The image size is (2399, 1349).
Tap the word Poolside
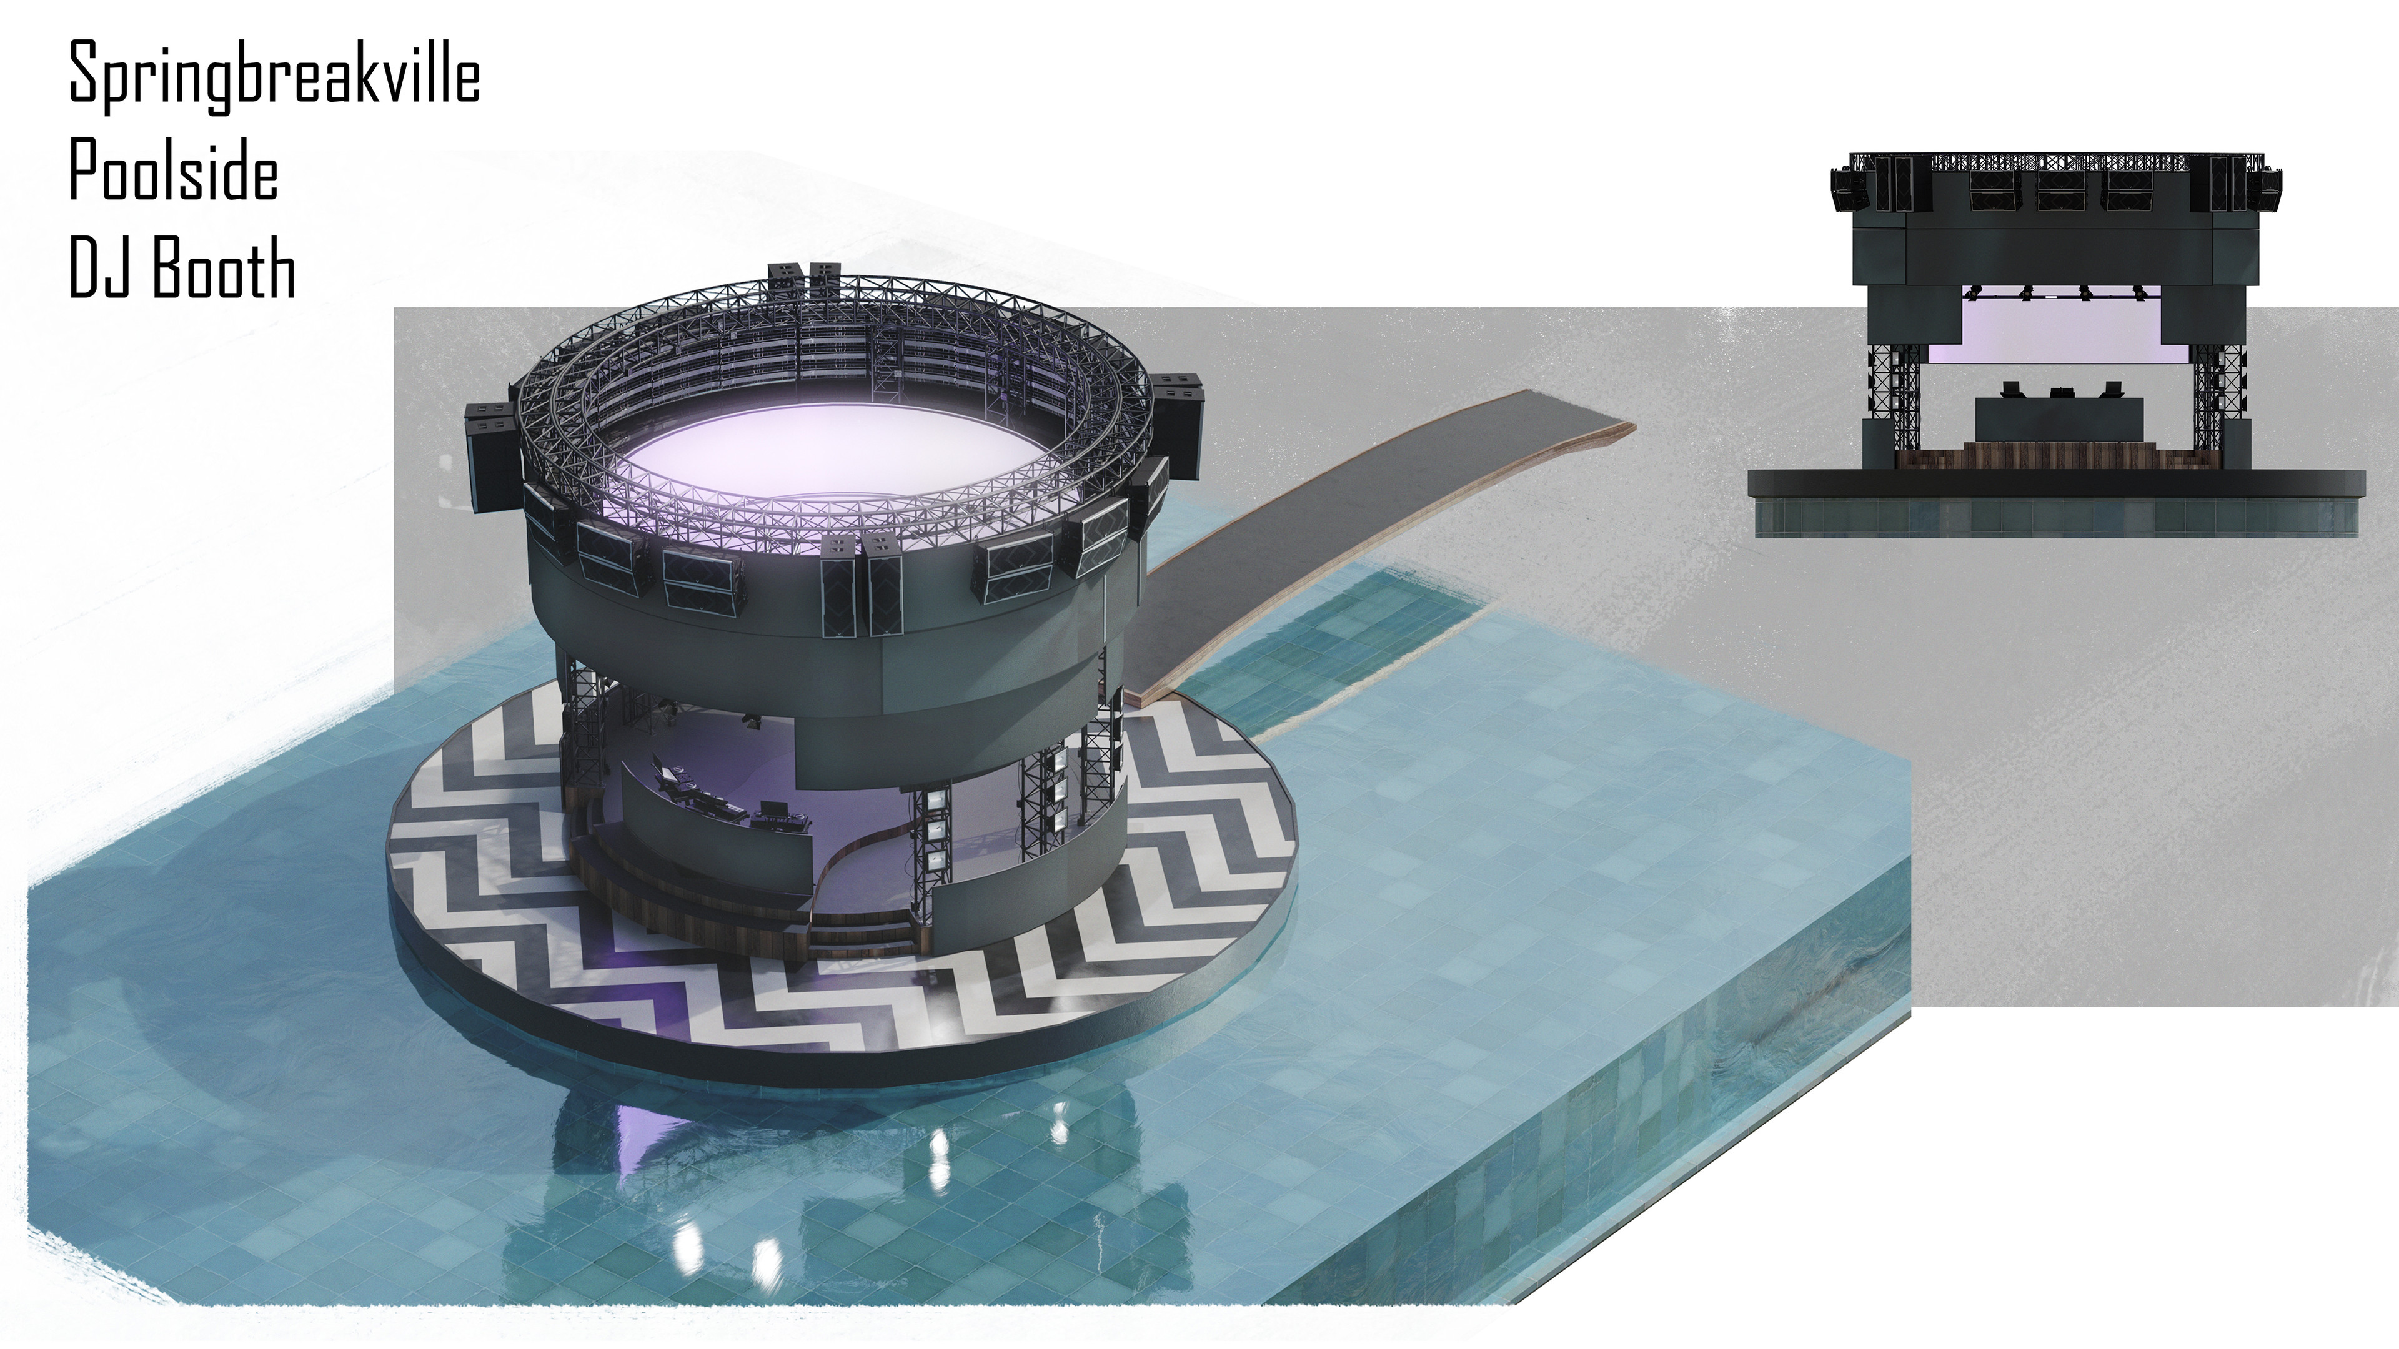tap(173, 174)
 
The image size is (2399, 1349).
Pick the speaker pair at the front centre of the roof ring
tap(862, 596)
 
